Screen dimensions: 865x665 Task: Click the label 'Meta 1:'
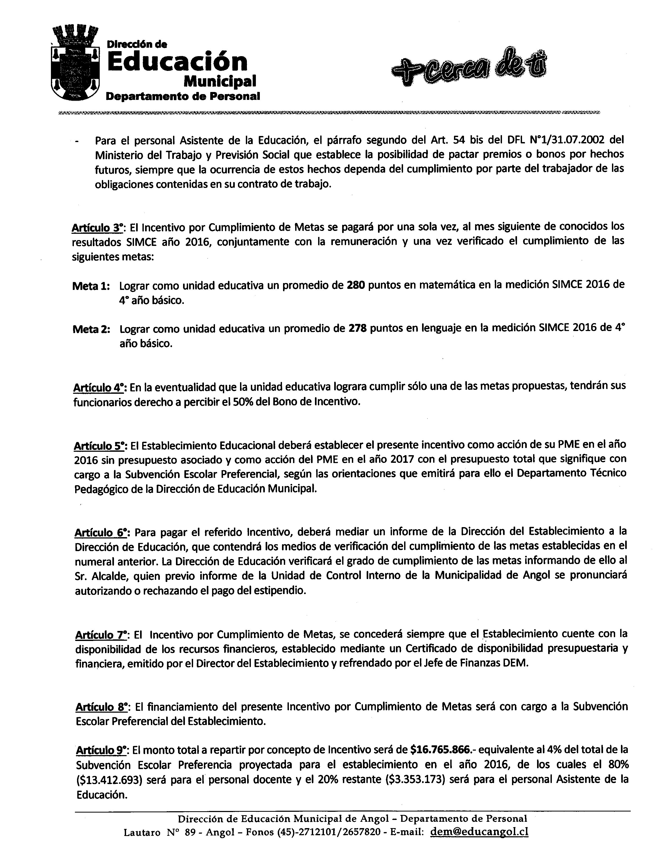pyautogui.click(x=91, y=286)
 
